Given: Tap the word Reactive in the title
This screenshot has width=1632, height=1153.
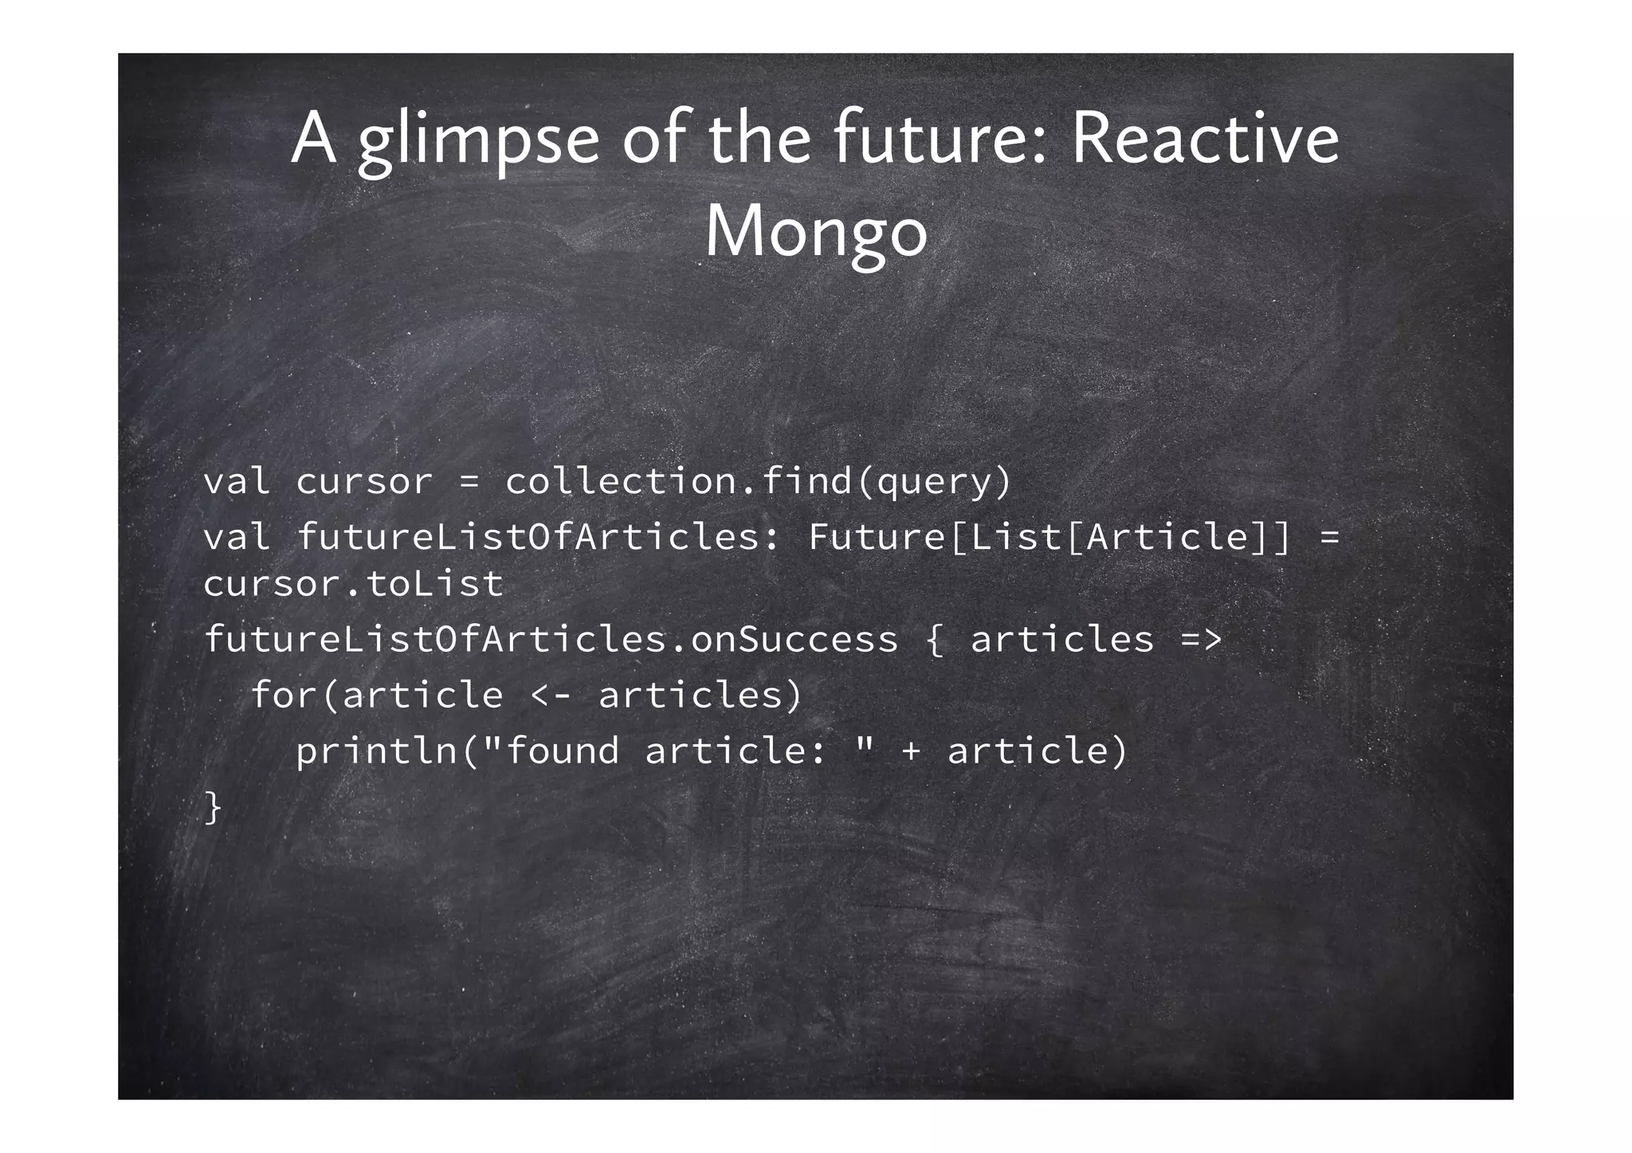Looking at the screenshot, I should click(x=1204, y=140).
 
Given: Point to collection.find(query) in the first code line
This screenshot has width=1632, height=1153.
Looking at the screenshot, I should click(x=758, y=482).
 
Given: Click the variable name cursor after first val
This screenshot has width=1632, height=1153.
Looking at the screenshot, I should click(x=364, y=482).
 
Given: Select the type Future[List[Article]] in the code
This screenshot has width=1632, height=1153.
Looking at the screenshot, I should click(x=1049, y=536).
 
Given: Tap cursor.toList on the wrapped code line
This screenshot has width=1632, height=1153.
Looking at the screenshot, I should click(x=353, y=584).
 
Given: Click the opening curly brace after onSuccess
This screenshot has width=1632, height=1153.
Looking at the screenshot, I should click(x=934, y=640).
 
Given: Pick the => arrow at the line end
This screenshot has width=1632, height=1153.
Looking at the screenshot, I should click(x=1201, y=640).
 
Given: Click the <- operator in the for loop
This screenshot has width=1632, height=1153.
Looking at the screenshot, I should click(x=550, y=696).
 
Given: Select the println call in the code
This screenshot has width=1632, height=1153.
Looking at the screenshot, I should click(x=376, y=751).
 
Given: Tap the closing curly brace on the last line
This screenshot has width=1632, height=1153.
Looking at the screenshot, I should click(x=212, y=806).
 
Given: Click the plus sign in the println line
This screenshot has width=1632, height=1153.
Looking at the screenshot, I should click(x=911, y=751).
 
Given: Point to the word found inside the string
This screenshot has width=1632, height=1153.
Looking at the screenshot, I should click(x=562, y=751).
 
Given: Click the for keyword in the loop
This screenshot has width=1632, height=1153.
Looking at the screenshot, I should click(x=284, y=696).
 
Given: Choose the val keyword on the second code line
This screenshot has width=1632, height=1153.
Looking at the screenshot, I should click(x=236, y=536).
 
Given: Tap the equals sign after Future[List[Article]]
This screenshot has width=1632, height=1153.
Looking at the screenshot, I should click(x=1329, y=536).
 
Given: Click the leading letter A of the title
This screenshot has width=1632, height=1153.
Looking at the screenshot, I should click(x=313, y=140).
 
